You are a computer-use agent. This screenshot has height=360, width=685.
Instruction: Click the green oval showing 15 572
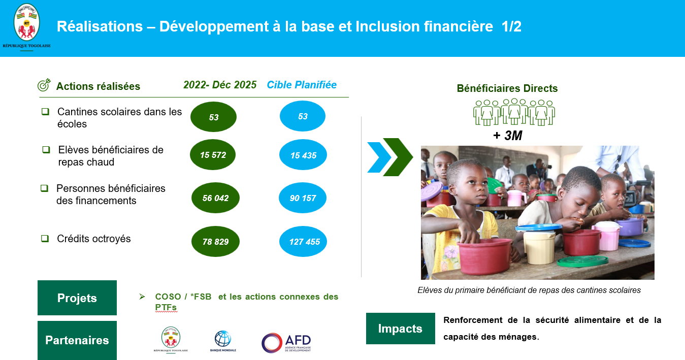213,155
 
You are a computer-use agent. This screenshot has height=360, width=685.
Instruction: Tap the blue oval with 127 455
303,242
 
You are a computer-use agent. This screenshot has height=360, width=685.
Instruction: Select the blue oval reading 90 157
303,198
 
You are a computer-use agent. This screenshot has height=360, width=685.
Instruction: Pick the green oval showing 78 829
216,242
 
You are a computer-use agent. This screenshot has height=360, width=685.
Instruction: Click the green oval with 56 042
216,198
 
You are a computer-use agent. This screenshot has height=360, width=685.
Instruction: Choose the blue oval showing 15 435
303,155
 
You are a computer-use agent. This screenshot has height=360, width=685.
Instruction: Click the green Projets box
77,298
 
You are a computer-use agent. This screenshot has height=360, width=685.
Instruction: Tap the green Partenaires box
77,340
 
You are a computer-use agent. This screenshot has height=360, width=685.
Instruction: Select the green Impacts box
401,329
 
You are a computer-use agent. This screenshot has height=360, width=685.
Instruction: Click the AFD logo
286,343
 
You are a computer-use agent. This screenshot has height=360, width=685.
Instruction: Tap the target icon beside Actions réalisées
44,85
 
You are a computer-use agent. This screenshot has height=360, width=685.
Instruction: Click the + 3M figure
508,136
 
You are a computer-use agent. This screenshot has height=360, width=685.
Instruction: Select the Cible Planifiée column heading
302,85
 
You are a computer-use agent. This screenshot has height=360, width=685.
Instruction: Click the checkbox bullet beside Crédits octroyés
45,238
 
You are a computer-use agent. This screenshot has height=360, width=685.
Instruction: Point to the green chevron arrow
398,157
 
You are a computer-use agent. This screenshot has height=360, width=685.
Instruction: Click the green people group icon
514,112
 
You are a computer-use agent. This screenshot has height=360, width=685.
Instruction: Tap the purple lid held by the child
431,191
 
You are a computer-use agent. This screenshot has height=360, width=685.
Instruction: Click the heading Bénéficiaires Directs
507,88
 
